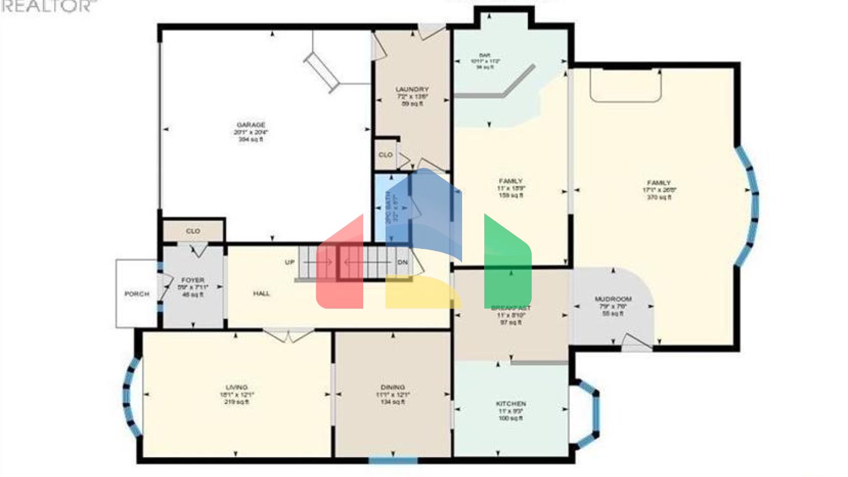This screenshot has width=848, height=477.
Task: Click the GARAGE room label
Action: tap(251, 125)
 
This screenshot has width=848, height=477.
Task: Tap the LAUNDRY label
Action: tap(412, 89)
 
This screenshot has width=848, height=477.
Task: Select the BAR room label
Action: tap(485, 55)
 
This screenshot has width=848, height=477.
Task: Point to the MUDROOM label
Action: tap(613, 299)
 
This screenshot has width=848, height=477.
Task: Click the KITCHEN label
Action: tap(511, 404)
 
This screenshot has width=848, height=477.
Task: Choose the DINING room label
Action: tap(393, 388)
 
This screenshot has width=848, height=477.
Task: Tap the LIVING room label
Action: tap(236, 388)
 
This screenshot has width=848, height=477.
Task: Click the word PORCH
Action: tap(136, 294)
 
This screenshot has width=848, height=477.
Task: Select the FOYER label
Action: tap(193, 280)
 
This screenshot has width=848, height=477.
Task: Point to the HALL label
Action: tap(262, 294)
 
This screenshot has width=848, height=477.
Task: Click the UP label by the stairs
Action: tap(290, 262)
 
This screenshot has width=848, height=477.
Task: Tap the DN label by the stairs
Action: tap(403, 262)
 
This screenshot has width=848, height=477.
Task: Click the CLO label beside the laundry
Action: tap(385, 155)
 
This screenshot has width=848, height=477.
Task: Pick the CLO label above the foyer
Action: tap(193, 231)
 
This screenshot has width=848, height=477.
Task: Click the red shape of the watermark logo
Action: tap(340, 271)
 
